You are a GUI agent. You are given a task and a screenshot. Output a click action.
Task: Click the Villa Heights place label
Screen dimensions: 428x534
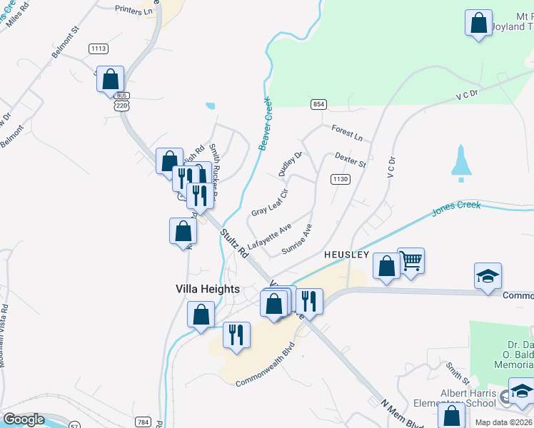tap(207, 289)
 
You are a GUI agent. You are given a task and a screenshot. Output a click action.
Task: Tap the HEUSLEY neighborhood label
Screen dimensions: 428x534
tap(346, 255)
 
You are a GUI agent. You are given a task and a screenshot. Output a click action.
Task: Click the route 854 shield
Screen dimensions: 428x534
tap(318, 105)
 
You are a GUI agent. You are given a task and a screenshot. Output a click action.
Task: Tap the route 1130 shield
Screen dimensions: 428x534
tap(340, 180)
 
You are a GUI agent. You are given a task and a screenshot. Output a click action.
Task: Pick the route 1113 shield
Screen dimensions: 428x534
tap(99, 49)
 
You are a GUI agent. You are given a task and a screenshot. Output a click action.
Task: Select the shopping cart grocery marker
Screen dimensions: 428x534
tap(411, 261)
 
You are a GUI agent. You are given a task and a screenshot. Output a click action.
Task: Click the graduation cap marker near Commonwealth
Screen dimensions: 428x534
tap(488, 276)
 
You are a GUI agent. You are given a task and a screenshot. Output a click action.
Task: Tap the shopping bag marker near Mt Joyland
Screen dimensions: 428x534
tap(478, 22)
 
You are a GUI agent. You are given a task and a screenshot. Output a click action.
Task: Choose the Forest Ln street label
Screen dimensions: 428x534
tap(347, 132)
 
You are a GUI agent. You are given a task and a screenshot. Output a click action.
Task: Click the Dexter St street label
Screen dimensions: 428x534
tap(350, 159)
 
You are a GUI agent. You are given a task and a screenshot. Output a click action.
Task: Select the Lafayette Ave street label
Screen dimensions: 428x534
tap(269, 236)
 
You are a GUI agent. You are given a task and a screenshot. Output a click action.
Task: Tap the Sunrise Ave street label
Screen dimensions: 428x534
tap(297, 240)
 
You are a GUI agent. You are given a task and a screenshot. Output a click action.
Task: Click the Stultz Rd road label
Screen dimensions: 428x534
tap(233, 243)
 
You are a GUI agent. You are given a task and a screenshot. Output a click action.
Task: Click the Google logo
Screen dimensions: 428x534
tap(24, 419)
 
